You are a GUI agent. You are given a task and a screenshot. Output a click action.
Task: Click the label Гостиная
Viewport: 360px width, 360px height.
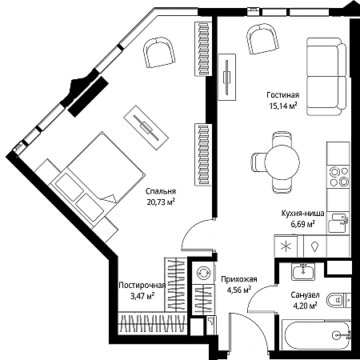[282, 95]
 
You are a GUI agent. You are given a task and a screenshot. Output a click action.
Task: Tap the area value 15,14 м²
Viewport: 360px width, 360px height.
[283, 106]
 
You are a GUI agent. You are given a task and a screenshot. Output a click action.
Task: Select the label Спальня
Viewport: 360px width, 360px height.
[161, 191]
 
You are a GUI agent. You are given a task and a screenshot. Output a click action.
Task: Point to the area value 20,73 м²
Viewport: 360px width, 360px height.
[161, 202]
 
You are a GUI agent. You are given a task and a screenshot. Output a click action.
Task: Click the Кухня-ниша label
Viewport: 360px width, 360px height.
[303, 214]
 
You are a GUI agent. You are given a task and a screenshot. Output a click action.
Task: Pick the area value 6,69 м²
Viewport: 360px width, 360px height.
[303, 224]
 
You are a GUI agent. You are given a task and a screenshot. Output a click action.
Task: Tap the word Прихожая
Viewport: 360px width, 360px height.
[239, 279]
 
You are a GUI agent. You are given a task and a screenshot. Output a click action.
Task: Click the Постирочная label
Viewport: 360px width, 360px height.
[142, 286]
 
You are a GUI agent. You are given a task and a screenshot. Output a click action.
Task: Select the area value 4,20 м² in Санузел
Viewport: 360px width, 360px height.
[306, 306]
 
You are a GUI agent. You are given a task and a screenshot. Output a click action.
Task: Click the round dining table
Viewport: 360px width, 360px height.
[282, 162]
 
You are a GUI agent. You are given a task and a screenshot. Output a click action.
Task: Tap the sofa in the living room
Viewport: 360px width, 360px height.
[326, 77]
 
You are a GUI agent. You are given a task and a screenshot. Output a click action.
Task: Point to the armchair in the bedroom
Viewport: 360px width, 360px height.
[160, 53]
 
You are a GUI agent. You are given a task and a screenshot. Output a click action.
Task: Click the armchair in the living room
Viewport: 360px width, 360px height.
[262, 38]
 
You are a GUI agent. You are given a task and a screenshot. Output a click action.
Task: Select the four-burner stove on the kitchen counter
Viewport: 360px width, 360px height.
[339, 176]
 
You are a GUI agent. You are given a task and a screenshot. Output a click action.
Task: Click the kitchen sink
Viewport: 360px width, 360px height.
[338, 222]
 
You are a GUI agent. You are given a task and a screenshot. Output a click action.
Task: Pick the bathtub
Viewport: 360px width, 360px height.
[316, 334]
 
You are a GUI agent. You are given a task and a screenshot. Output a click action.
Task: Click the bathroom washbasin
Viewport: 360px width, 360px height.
[303, 272]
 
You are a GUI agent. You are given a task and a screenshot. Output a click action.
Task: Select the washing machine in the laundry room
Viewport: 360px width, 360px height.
[203, 273]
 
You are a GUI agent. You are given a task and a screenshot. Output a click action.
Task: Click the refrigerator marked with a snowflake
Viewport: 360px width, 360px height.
[289, 246]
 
